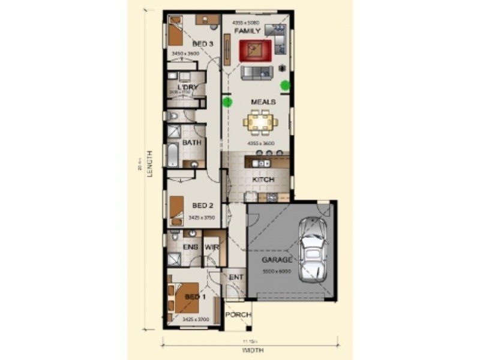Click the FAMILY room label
(247, 31)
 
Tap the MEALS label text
(263, 102)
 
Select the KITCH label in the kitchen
(263, 180)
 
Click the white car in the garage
(313, 248)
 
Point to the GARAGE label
(277, 260)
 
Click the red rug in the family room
(256, 50)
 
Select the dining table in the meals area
(260, 123)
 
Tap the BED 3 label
(202, 44)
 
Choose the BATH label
(191, 143)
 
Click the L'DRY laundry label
(187, 88)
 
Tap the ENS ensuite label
(190, 247)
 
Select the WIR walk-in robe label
(211, 247)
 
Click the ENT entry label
(235, 277)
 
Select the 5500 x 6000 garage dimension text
(277, 271)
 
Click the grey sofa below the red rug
(257, 73)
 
